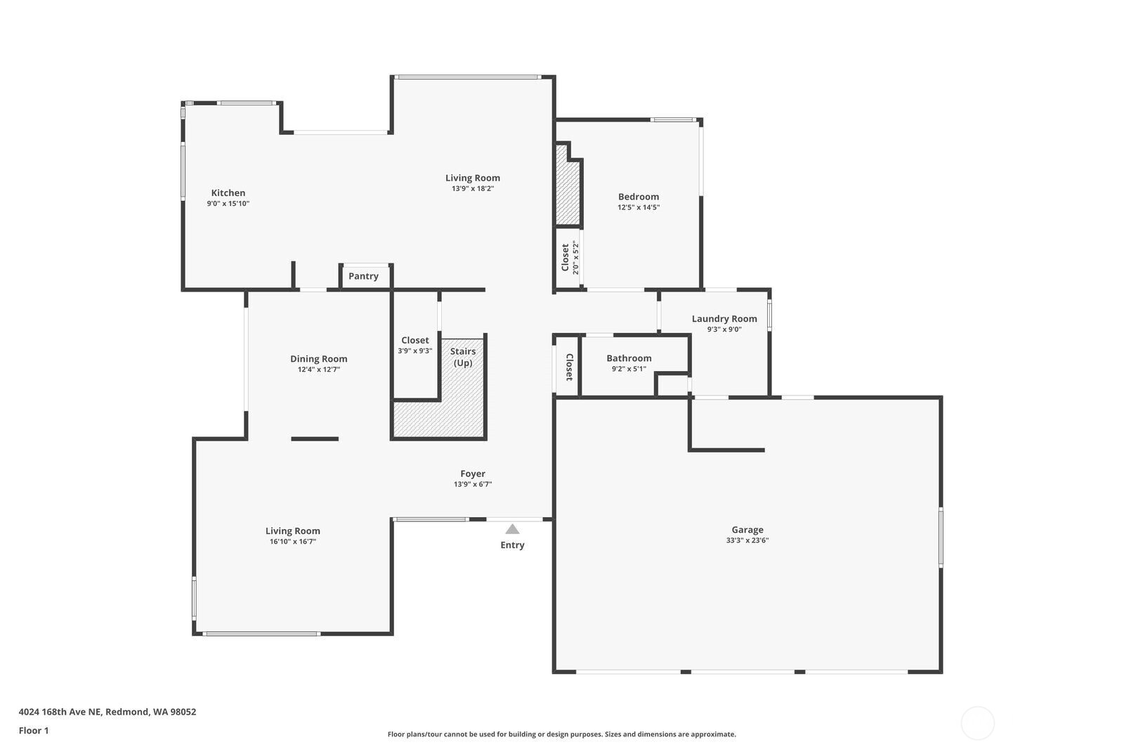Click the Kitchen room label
pos(228,193)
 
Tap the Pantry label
pos(363,276)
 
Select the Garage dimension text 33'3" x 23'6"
pos(747,540)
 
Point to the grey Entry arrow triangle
pos(512,528)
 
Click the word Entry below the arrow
pos(512,545)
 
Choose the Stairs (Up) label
pos(463,357)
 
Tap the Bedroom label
pos(639,197)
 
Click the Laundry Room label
pos(724,319)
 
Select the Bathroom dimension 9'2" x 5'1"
pos(629,369)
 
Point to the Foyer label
pos(473,474)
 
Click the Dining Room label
pos(319,359)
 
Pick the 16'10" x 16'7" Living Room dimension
pos(293,541)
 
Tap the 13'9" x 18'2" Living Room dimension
pos(473,189)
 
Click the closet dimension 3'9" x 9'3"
pos(415,351)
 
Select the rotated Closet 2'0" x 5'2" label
pos(570,258)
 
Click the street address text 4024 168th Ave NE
pos(60,712)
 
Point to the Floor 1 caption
pos(34,731)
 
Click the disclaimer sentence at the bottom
pos(561,734)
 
